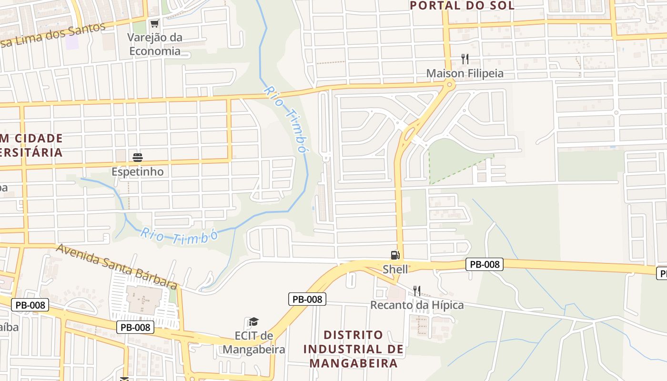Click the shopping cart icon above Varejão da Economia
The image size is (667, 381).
point(154,23)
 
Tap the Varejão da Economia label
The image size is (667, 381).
point(154,44)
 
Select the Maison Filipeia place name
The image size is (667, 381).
point(465,73)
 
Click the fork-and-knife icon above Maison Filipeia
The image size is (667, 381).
point(465,59)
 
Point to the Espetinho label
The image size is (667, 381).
point(137,171)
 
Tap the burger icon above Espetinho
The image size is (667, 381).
point(137,158)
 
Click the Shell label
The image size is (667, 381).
point(395,269)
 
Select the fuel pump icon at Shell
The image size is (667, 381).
point(395,255)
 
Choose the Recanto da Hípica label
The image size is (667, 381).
point(417,305)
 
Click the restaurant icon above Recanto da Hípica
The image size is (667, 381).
point(417,291)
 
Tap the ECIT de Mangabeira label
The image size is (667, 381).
point(254,342)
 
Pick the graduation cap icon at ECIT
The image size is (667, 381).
point(254,322)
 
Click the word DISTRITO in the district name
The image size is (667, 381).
point(353,335)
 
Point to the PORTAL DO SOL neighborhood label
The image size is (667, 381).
point(462,6)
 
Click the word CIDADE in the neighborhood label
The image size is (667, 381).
point(39,138)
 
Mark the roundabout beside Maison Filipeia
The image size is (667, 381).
point(449,85)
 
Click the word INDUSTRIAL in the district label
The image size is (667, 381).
point(353,349)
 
